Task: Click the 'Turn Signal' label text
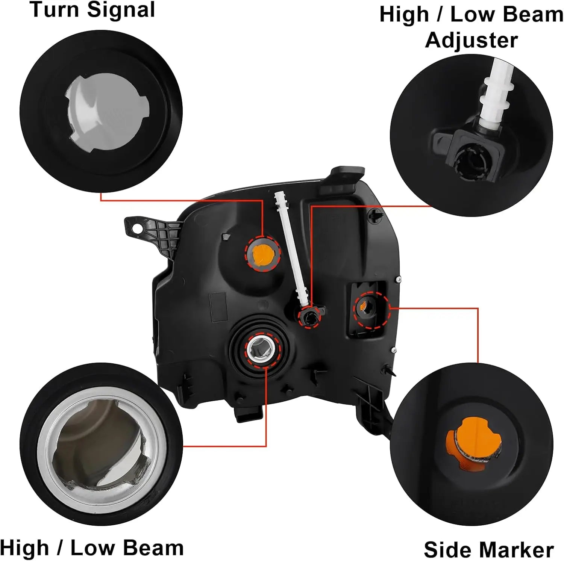point(92,9)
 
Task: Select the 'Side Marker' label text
point(488,550)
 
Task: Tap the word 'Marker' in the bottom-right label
point(515,550)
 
